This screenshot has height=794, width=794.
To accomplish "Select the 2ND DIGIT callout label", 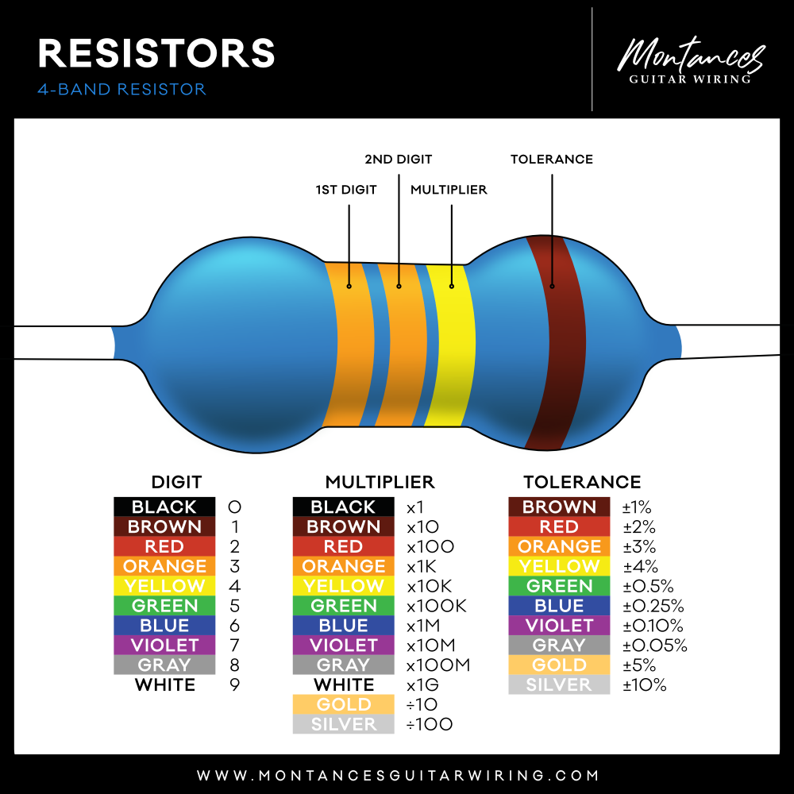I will point(399,159).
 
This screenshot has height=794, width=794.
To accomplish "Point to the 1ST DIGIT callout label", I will point(346,190).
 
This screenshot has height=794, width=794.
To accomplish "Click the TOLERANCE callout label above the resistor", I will point(552,159).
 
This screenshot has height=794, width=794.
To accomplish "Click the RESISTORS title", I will point(156,53).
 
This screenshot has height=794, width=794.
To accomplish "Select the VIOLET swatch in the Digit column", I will point(164,645).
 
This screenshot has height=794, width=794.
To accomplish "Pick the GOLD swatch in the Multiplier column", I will point(344,704).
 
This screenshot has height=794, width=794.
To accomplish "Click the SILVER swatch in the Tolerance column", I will point(559,684).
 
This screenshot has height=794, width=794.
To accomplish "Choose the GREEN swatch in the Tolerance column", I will point(559,586).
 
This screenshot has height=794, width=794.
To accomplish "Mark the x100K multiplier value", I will point(437,606).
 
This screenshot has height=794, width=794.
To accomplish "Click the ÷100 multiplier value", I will point(430,724).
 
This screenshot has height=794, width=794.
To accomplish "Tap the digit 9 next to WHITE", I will point(234,684).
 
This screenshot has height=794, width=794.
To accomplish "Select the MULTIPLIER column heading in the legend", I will point(380,482).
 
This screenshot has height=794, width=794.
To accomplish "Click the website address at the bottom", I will point(397,775).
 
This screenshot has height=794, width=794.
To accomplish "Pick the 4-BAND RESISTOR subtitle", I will point(121,89).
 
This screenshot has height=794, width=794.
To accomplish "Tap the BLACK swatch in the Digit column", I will point(164,507).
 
